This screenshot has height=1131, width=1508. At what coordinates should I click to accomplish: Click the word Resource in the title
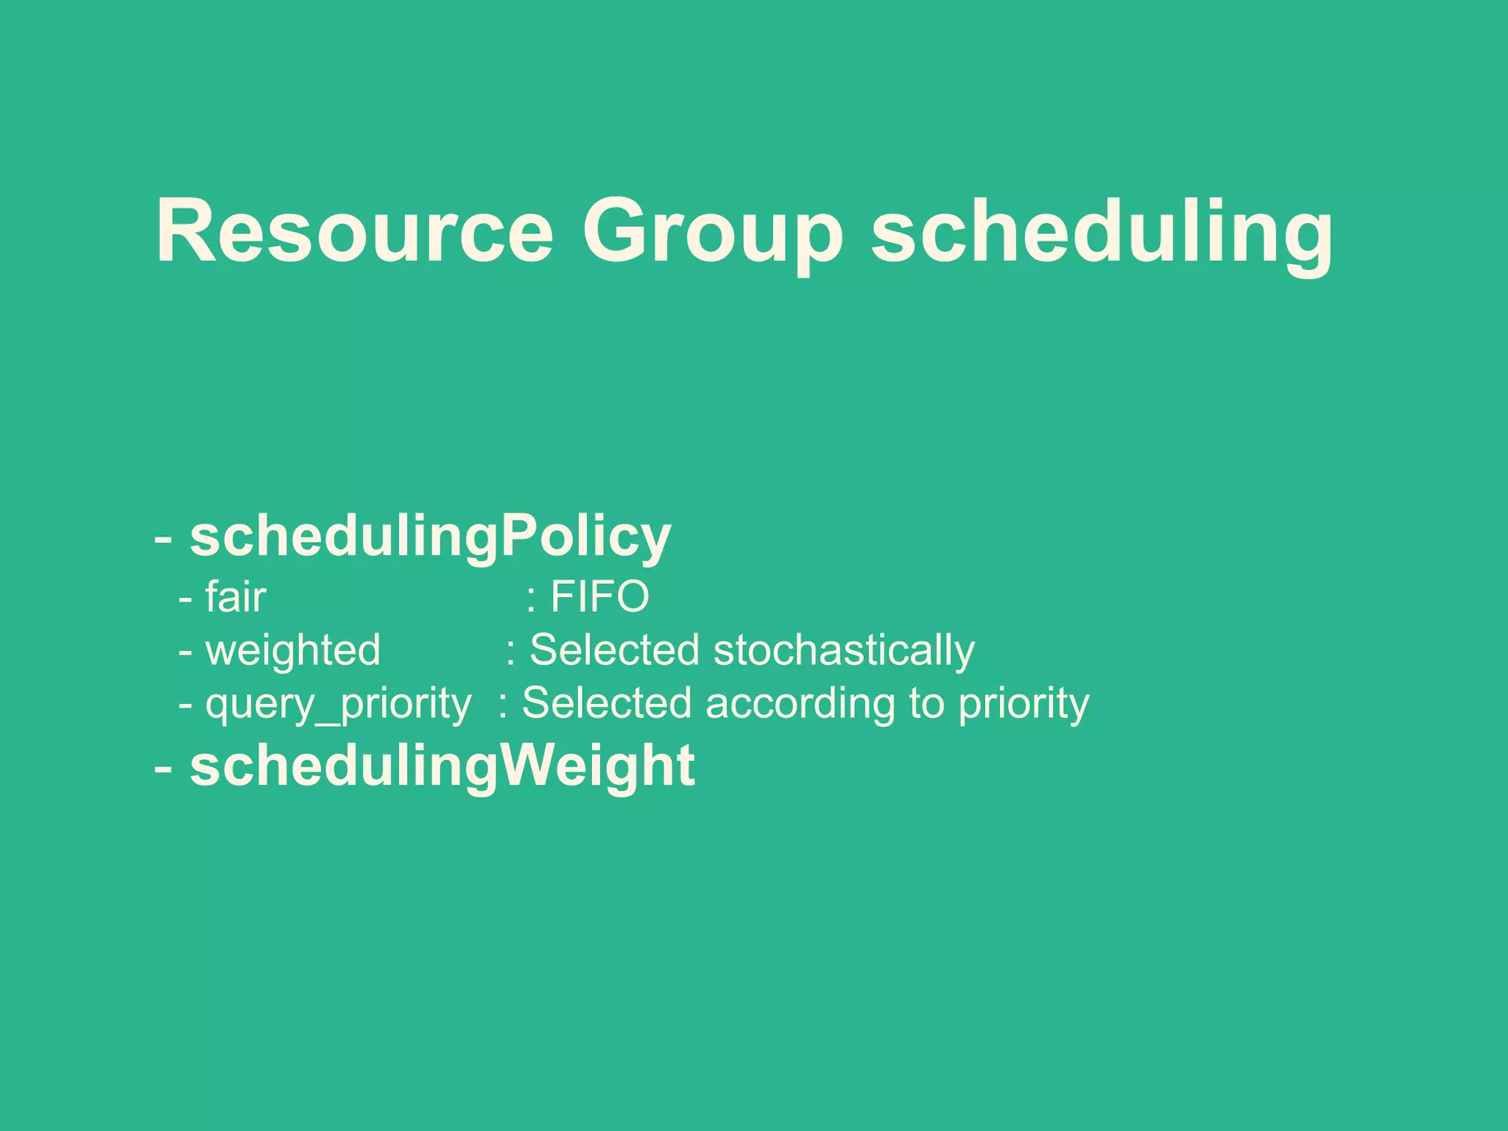pos(354,231)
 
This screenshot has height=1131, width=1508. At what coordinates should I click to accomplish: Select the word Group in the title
pos(713,231)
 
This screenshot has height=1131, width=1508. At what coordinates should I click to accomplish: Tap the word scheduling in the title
pos(1102,231)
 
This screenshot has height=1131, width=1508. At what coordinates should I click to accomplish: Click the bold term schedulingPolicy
pos(431,537)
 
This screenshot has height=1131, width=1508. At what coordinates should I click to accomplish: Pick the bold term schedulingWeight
pos(443,767)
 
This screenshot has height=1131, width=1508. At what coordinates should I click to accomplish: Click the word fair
pos(236,596)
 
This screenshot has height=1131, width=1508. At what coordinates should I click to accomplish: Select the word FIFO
pos(599,596)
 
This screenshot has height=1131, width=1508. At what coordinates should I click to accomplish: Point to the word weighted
pos(293,650)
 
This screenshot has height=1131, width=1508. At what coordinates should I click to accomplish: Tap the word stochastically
pos(844,650)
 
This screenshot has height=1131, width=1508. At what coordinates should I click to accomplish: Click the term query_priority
pos(338,704)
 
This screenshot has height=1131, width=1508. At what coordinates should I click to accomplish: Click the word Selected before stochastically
pos(614,650)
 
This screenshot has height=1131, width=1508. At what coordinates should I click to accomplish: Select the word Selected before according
pos(606,704)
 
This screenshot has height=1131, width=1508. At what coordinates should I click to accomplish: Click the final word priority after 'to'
pos(1023,704)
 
